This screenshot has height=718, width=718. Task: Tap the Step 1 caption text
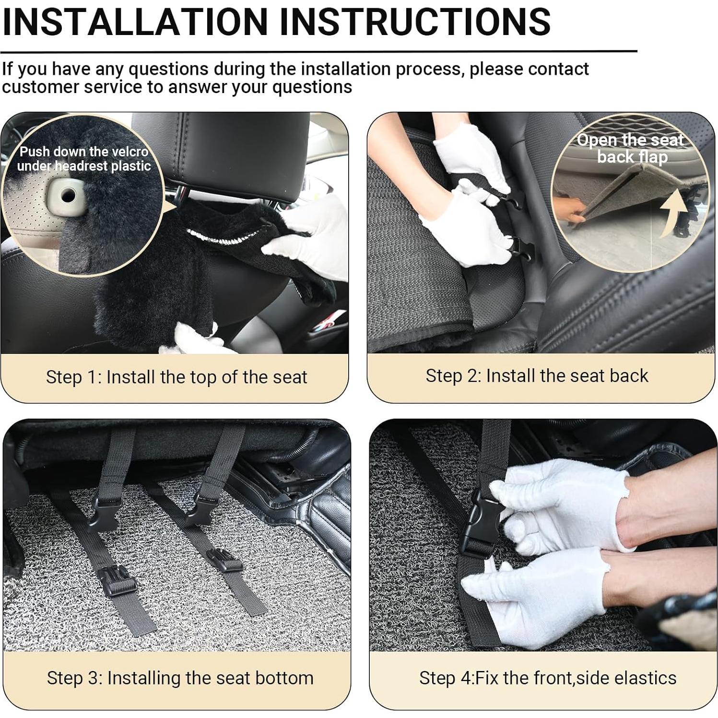[176, 377]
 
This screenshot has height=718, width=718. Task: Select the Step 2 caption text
[536, 376]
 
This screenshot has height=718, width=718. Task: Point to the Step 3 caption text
[180, 678]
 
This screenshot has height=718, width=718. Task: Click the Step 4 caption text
[547, 678]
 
